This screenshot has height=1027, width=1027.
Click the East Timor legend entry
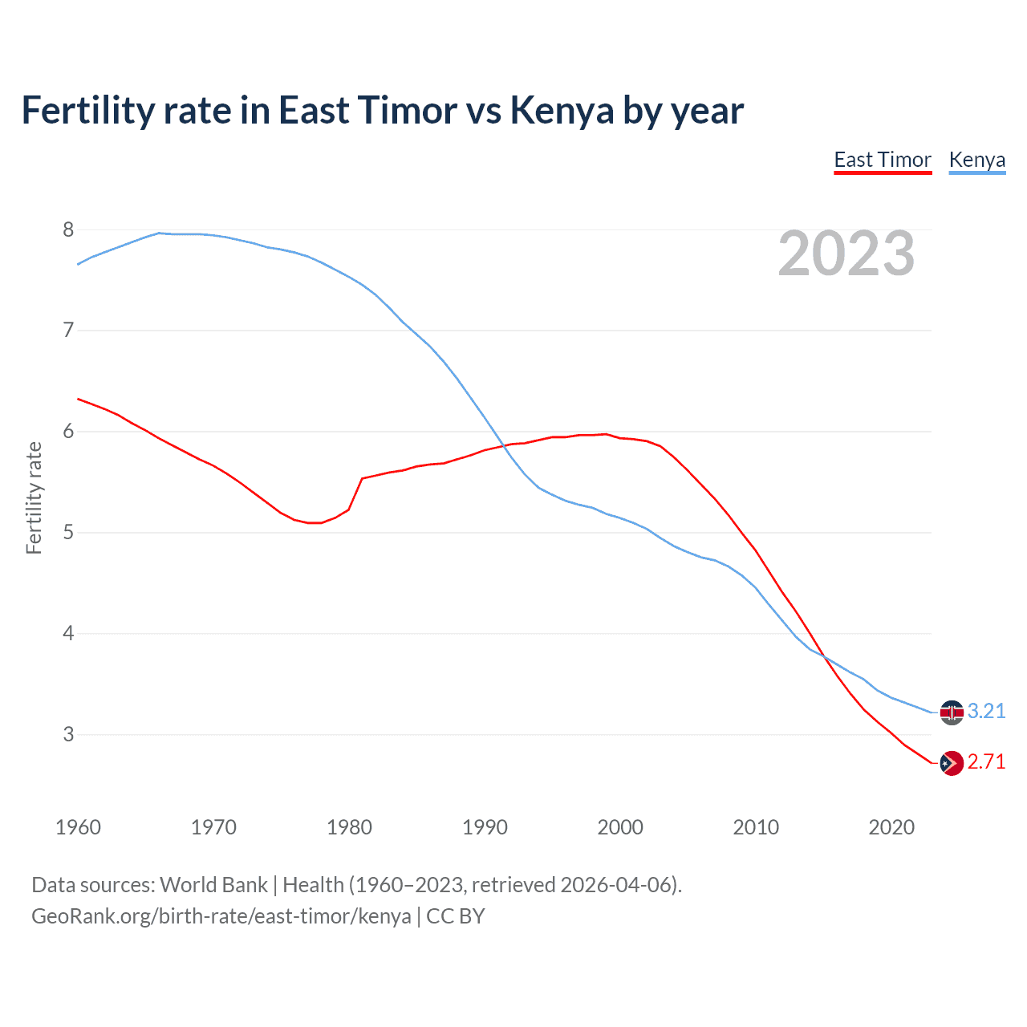883,160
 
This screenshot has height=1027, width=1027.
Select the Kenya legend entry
976,160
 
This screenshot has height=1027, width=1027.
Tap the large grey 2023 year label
846,254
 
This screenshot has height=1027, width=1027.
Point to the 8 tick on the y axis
68,230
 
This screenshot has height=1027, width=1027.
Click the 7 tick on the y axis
68,331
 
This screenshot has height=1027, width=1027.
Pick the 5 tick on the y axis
68,533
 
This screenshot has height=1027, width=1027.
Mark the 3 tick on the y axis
68,734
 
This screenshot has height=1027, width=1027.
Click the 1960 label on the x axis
78,827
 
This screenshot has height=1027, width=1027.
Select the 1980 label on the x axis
349,827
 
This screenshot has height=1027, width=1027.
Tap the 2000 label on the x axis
620,827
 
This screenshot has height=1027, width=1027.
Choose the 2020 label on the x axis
891,827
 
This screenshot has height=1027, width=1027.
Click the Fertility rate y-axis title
34,497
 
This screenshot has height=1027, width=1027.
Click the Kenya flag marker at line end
952,712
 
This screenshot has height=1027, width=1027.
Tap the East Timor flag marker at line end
952,763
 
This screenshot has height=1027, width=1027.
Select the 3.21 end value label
986,712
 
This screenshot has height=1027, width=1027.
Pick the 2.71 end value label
986,762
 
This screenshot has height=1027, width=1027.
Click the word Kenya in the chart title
562,111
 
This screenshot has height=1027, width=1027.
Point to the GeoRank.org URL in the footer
221,915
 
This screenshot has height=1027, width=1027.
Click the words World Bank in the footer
213,885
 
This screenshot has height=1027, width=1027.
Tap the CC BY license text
456,915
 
